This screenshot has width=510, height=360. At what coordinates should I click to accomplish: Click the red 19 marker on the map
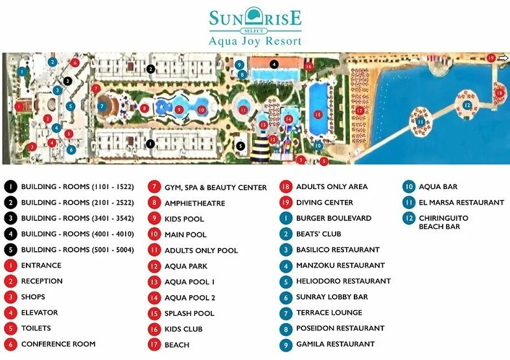491,58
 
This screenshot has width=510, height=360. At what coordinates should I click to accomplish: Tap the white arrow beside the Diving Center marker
503,58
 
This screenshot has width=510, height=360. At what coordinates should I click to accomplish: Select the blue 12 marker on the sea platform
467,106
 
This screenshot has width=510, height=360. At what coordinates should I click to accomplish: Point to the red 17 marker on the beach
360,110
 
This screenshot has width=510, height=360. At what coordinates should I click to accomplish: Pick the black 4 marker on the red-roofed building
274,64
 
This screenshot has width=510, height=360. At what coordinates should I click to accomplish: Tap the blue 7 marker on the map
102,106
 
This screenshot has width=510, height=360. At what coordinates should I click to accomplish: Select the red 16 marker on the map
309,66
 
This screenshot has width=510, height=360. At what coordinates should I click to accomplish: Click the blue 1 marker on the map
22,71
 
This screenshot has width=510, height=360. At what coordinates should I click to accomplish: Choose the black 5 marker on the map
240,146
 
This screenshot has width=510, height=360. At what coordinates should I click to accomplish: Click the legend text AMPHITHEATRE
194,203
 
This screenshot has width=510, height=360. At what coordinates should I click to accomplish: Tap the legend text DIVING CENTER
324,203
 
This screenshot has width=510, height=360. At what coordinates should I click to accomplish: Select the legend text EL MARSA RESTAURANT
461,203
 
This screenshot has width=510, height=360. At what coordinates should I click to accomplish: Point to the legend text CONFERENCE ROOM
58,344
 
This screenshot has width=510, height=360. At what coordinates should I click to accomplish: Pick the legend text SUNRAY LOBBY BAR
331,297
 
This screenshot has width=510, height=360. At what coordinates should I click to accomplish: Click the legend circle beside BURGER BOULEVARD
286,218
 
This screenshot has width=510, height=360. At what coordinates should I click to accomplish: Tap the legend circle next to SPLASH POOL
154,313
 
